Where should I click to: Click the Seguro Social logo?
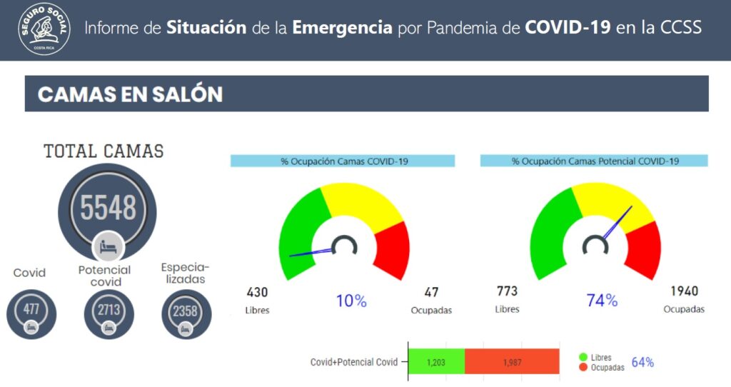(44, 29)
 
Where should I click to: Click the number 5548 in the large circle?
(109, 208)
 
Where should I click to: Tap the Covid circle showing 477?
(31, 313)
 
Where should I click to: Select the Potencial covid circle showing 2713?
(109, 313)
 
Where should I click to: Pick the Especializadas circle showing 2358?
(186, 313)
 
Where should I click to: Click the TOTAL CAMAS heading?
(104, 151)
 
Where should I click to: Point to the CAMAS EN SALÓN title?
(130, 94)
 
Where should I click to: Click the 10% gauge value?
(351, 301)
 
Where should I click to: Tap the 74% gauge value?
(602, 301)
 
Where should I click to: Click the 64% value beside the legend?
(642, 362)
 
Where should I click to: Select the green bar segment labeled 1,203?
(437, 361)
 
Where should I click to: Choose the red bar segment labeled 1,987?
(512, 361)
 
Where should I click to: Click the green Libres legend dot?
(583, 357)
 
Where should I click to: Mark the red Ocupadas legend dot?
(583, 368)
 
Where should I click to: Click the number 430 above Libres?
(257, 292)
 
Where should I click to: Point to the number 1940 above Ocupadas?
(684, 291)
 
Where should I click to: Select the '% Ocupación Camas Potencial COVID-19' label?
(595, 161)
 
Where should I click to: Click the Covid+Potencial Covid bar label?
(354, 362)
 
